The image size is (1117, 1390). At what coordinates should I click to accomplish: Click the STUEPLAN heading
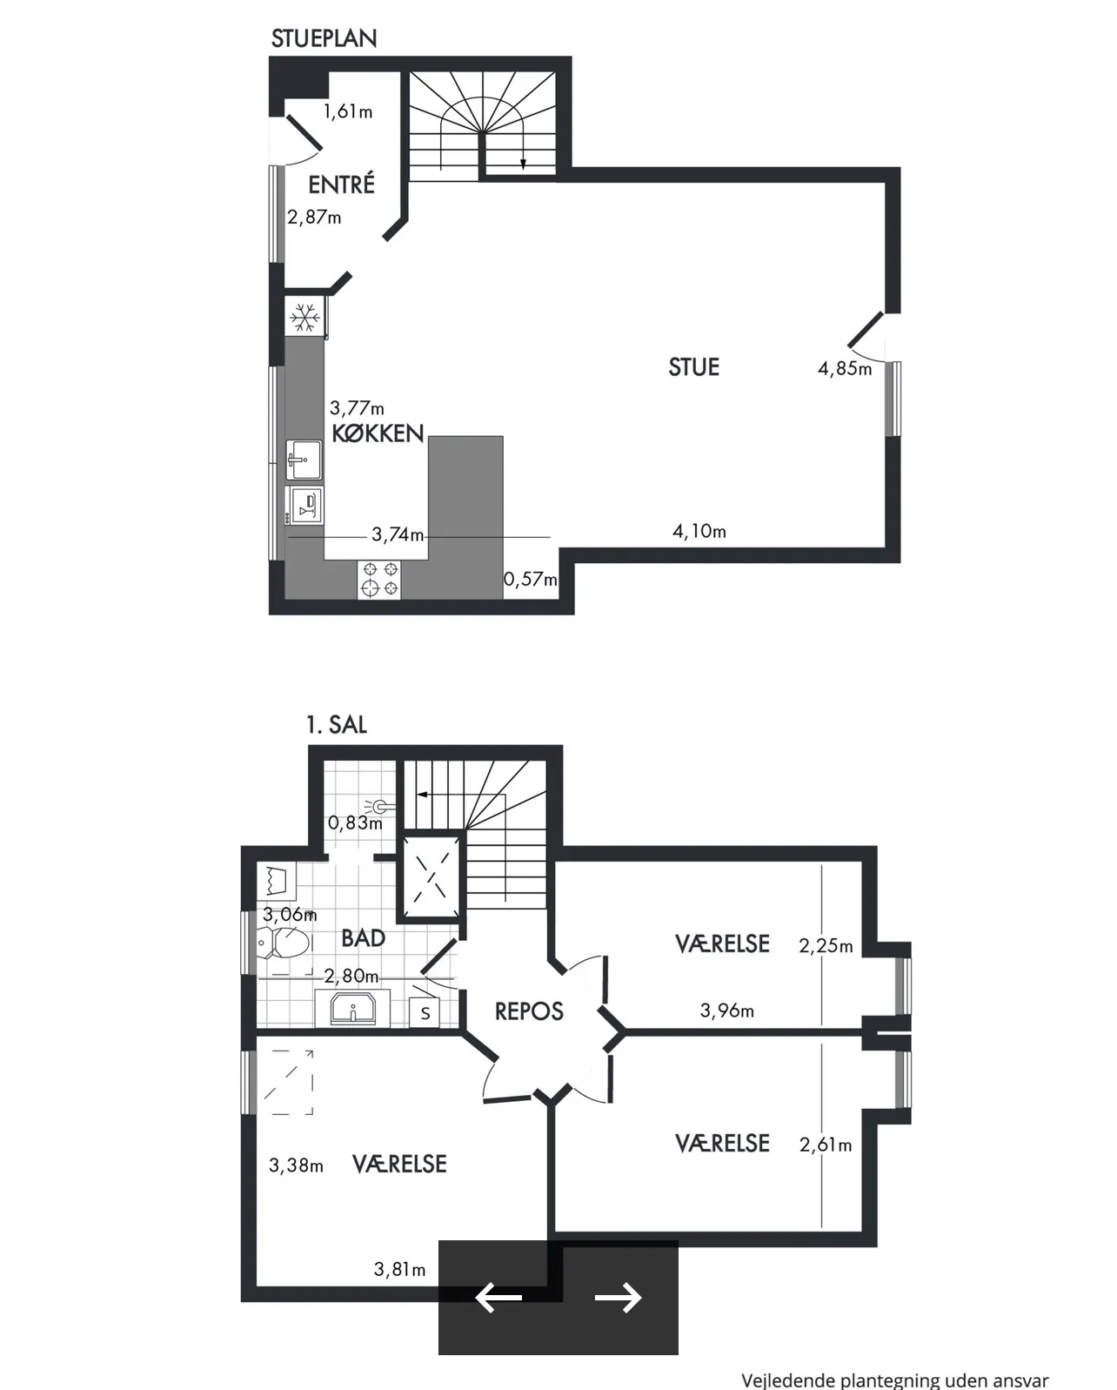tap(324, 38)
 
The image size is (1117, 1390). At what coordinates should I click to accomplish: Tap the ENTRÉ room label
tap(341, 185)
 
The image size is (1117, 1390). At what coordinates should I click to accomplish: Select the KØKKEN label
tap(378, 433)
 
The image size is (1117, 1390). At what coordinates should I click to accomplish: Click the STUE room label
tap(693, 367)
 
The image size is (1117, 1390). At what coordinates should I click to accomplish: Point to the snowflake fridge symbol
tap(304, 318)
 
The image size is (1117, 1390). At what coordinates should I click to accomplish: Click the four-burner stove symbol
tap(380, 580)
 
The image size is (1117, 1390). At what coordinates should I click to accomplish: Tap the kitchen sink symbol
tap(304, 459)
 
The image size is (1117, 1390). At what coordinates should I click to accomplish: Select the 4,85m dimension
tap(844, 369)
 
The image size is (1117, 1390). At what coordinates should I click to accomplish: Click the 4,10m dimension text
tap(699, 531)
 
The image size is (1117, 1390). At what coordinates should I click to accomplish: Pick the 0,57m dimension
tap(530, 579)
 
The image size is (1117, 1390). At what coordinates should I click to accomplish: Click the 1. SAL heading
tap(336, 725)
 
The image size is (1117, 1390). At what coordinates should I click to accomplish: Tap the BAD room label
tap(363, 938)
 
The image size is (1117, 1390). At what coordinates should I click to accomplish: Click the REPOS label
tap(529, 1011)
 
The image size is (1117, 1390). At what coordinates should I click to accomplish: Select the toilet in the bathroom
tap(284, 943)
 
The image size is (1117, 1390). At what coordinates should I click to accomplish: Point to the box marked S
tap(425, 1013)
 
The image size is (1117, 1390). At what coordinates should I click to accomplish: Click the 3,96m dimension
tap(726, 1011)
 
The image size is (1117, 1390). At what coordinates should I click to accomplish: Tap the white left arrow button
tap(498, 1298)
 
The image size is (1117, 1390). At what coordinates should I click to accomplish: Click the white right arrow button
tap(619, 1298)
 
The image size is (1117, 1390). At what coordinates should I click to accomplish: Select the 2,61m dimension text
tap(825, 1145)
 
